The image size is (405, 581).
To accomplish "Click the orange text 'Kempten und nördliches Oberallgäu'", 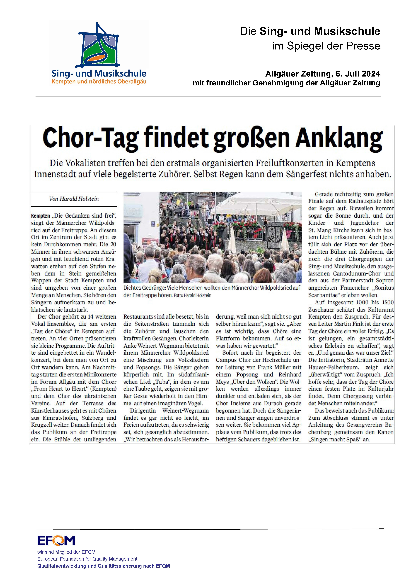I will pyautogui.click(x=99, y=82).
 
